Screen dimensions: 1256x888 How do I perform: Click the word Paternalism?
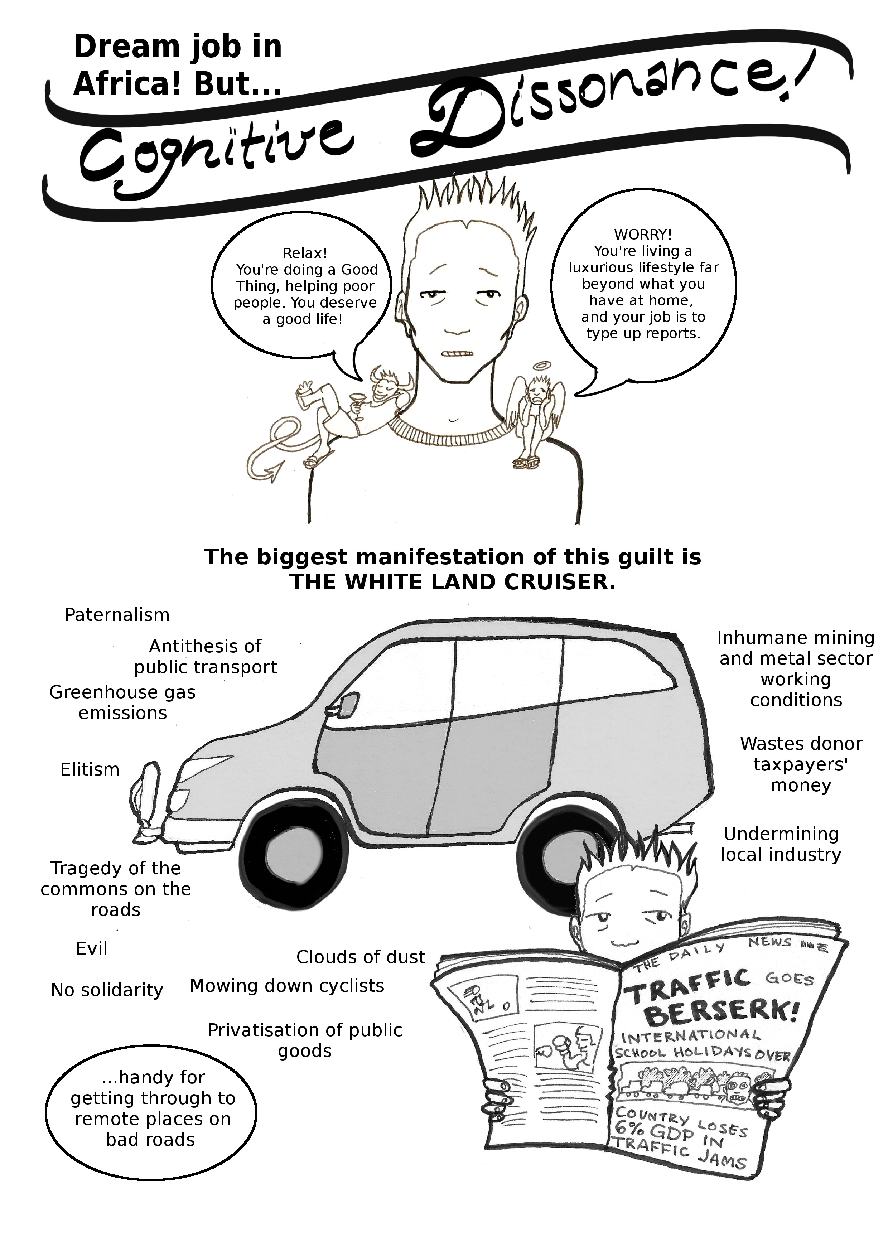click(117, 615)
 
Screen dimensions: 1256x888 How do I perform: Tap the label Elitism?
click(90, 770)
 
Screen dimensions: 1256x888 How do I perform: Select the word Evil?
click(91, 948)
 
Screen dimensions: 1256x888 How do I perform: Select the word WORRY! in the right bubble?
click(643, 235)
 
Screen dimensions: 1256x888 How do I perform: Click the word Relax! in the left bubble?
click(305, 253)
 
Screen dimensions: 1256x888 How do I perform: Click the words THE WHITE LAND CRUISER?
click(453, 583)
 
